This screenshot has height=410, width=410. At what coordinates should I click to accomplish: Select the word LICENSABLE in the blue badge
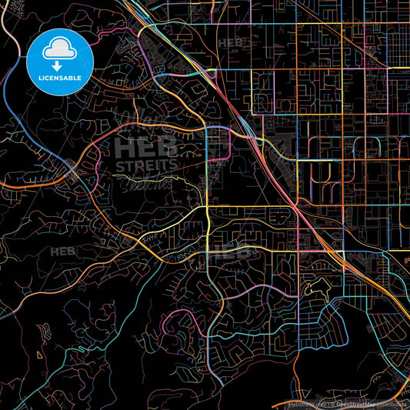[x=59, y=78]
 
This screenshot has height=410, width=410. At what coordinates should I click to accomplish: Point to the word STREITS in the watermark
[x=147, y=164]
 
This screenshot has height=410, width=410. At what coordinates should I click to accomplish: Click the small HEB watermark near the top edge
[x=228, y=42]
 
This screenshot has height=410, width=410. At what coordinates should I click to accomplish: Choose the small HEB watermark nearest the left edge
[x=59, y=251]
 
